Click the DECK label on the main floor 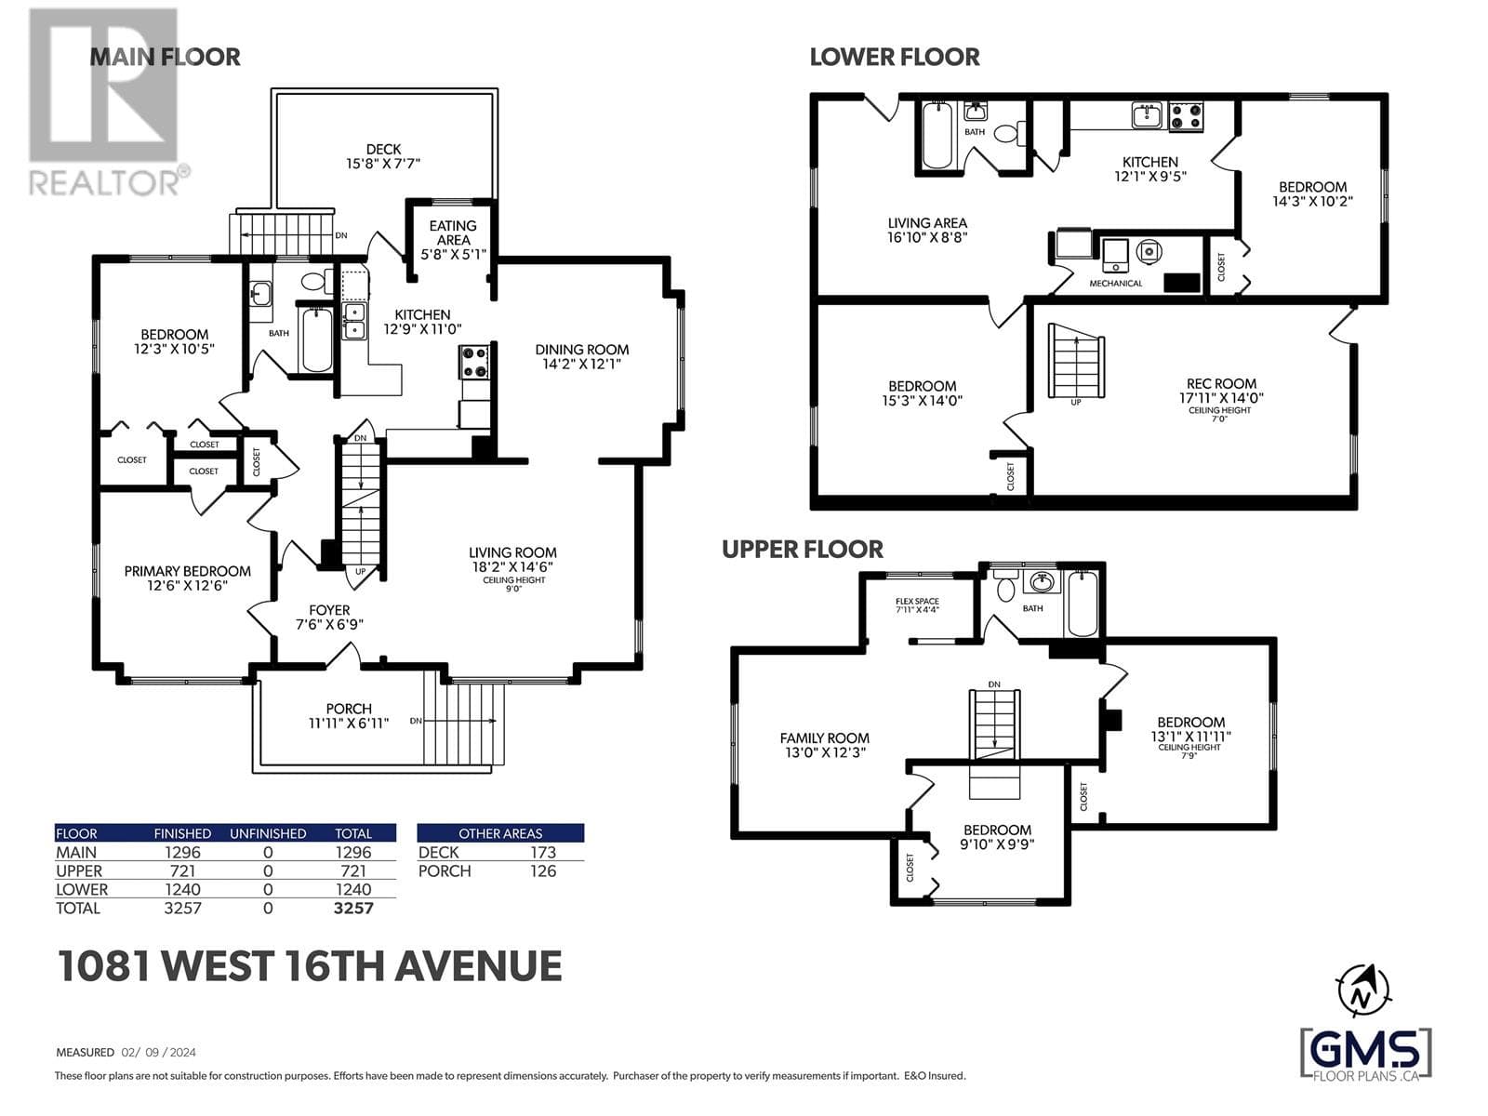pos(383,149)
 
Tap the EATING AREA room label pos(453,232)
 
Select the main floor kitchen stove pos(474,361)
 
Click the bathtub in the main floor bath pos(316,339)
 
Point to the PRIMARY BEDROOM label pos(187,571)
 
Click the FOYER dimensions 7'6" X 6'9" pos(329,624)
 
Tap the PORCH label pos(349,709)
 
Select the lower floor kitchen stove pos(1185,116)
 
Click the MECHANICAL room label pos(1115,284)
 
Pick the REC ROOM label pos(1222,383)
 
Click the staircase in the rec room pos(1076,361)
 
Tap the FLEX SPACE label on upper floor pos(917,601)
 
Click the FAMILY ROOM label pos(824,737)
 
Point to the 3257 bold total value pos(353,908)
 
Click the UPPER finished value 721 pos(183,870)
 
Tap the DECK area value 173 pos(543,853)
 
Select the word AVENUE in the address pos(478,965)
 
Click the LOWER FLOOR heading pos(895,58)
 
